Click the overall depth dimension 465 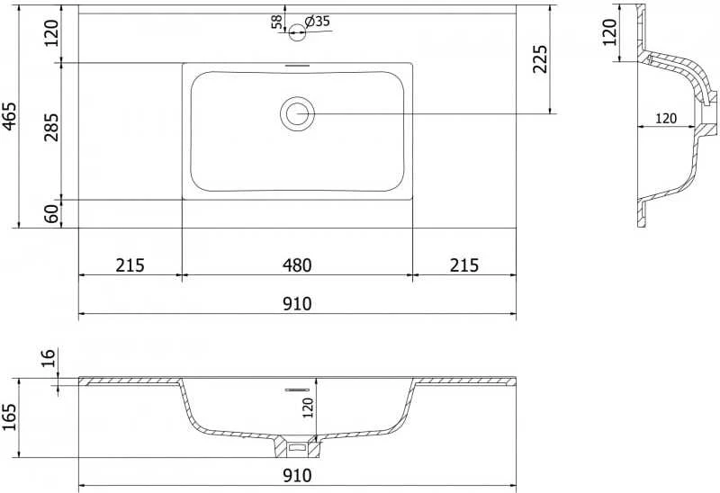(x=10, y=116)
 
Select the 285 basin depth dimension (x=52, y=127)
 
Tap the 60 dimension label (x=52, y=213)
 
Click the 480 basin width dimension (x=297, y=265)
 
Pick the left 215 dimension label (x=130, y=265)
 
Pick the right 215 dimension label (x=464, y=265)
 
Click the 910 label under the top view (x=297, y=304)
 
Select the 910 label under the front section (x=297, y=476)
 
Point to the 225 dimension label (x=540, y=58)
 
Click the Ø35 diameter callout (x=318, y=21)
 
